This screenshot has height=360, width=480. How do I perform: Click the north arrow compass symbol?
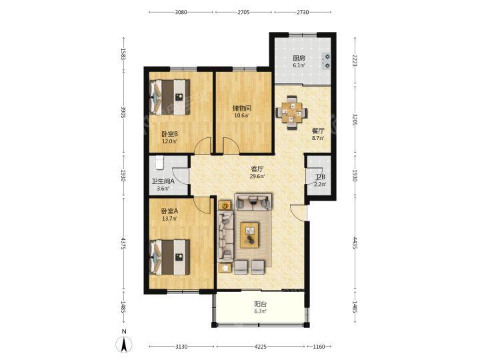124,345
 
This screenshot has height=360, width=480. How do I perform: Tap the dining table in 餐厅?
291,113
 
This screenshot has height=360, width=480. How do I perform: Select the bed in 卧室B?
169,97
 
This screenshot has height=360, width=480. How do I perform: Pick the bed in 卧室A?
169,257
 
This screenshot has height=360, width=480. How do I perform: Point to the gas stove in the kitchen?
326,61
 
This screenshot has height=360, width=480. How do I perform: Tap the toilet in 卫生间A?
159,163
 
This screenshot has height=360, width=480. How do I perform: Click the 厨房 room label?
299,58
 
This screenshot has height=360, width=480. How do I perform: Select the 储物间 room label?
242,109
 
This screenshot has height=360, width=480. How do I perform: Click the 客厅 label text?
257,169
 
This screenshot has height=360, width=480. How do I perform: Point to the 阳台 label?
261,304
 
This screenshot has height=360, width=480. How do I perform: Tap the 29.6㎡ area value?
257,176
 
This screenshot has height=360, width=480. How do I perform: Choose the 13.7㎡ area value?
169,219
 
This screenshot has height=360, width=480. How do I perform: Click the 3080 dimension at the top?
181,12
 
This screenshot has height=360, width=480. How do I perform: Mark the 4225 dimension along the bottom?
261,347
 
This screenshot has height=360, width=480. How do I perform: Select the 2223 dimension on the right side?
355,61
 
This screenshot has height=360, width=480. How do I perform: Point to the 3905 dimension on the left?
123,113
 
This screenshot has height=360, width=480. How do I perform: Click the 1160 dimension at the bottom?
319,347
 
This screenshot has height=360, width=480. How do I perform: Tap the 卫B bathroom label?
321,177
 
